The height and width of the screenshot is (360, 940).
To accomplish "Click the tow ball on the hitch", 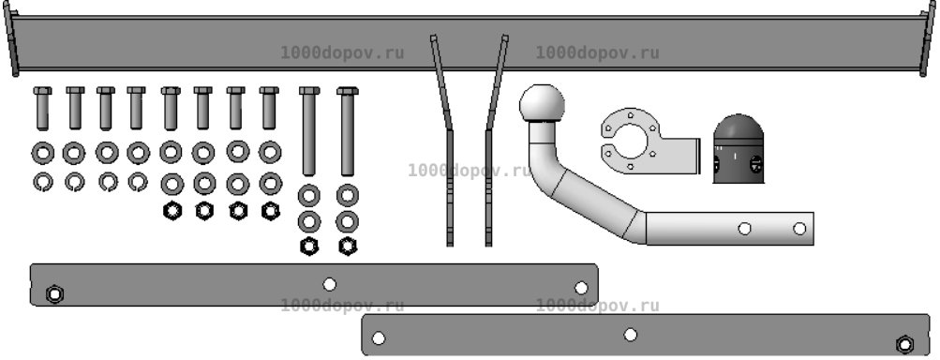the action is pyautogui.click(x=542, y=103).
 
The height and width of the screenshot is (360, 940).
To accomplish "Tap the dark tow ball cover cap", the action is pyautogui.click(x=739, y=149).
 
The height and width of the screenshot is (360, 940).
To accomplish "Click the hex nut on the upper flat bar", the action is pyautogui.click(x=54, y=294).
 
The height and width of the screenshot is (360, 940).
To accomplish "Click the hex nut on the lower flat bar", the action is pyautogui.click(x=904, y=344).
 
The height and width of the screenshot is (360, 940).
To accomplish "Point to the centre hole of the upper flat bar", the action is pyautogui.click(x=329, y=284).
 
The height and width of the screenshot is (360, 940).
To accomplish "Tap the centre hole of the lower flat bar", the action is pyautogui.click(x=630, y=334).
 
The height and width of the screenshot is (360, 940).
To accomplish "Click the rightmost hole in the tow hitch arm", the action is pyautogui.click(x=799, y=228).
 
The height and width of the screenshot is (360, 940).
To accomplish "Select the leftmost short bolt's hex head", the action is pyautogui.click(x=42, y=91).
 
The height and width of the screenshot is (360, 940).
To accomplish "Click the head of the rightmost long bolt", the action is pyautogui.click(x=347, y=91).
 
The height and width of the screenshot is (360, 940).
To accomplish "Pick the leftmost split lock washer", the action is pyautogui.click(x=42, y=182).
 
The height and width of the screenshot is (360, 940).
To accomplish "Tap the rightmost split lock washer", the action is pyautogui.click(x=138, y=182).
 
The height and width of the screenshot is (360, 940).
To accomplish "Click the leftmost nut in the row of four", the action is pyautogui.click(x=172, y=211).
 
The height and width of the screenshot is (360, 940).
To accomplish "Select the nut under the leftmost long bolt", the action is pyautogui.click(x=308, y=246).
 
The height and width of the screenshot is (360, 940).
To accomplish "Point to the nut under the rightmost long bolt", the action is pyautogui.click(x=348, y=246).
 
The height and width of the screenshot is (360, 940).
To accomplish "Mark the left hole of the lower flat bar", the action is pyautogui.click(x=379, y=338).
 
